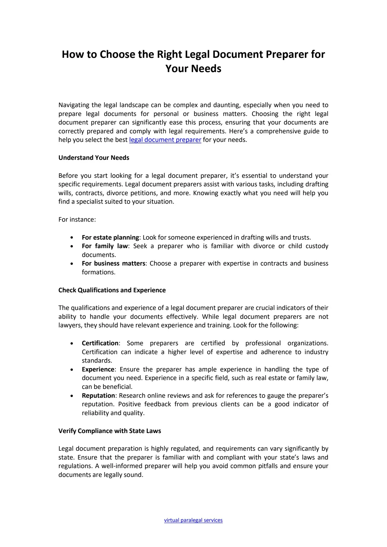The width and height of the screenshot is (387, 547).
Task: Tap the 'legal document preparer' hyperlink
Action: [165, 140]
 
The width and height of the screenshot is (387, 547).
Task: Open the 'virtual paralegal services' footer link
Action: [193, 520]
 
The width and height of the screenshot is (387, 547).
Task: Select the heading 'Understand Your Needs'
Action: [94, 158]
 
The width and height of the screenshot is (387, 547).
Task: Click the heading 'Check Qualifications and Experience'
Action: [112, 290]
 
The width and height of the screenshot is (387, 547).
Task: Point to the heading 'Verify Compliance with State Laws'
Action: [110, 431]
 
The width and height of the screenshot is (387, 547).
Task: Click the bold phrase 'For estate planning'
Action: [110, 238]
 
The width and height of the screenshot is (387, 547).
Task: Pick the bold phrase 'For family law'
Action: [105, 246]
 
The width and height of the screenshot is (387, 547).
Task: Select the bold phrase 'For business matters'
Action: [113, 264]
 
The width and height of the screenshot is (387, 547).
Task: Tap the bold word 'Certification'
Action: [100, 343]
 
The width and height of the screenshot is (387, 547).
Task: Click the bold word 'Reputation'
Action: [98, 396]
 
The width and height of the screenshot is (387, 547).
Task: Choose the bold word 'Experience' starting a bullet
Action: [98, 370]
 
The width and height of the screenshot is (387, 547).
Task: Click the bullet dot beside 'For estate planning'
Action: [72, 238]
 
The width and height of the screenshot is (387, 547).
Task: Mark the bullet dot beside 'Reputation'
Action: [72, 396]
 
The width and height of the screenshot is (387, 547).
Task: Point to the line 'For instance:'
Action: [77, 220]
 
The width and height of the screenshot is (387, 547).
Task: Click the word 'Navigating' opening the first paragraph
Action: [74, 105]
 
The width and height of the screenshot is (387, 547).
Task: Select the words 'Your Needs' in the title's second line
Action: [193, 69]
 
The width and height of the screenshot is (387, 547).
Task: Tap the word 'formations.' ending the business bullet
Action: [99, 272]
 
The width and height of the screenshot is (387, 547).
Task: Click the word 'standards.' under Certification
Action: [97, 361]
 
